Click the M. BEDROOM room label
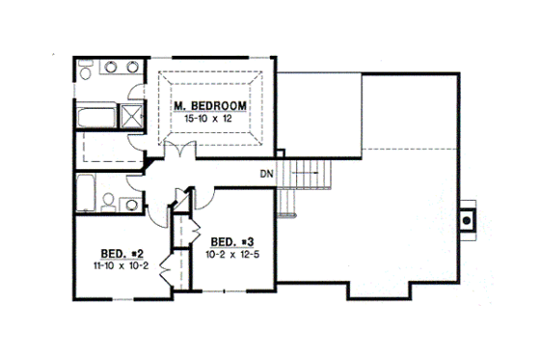coord(209,104)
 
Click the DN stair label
coord(267,175)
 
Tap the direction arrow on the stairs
coord(307,175)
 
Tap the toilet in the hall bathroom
coord(108,203)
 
